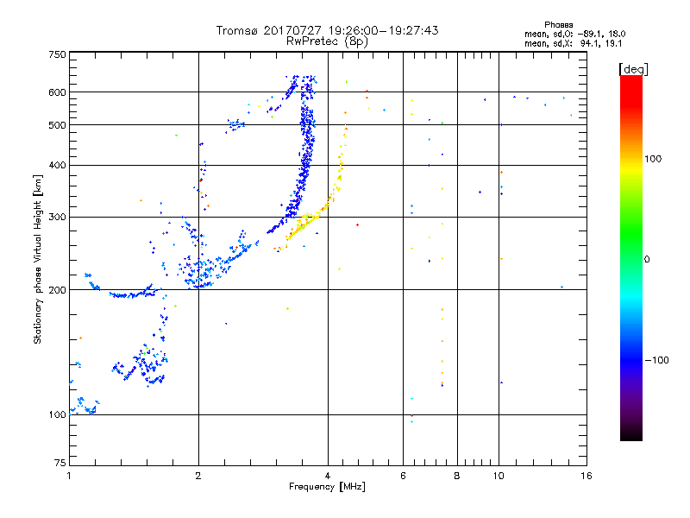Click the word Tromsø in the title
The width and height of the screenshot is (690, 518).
237,30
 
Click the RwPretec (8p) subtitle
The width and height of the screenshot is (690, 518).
327,41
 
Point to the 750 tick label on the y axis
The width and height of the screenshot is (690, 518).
57,54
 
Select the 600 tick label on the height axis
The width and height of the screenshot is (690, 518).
57,92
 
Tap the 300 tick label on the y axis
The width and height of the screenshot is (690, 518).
57,218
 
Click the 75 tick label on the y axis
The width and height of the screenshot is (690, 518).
60,463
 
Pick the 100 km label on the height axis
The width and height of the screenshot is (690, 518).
57,415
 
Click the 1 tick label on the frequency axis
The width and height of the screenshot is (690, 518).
69,476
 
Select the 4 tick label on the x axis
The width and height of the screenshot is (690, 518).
328,476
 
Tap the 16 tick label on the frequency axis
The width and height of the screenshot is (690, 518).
586,476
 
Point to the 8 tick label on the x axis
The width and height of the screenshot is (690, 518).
457,476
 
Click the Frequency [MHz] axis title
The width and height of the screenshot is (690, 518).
327,487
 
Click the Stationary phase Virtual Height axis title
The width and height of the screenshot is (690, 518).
38,260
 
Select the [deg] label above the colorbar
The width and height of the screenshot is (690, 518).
633,69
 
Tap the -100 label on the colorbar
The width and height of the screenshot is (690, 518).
656,360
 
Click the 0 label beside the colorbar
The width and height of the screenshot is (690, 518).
647,260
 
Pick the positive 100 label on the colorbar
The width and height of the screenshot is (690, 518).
653,159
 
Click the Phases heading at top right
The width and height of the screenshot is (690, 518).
558,25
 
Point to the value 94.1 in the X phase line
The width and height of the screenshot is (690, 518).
588,43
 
